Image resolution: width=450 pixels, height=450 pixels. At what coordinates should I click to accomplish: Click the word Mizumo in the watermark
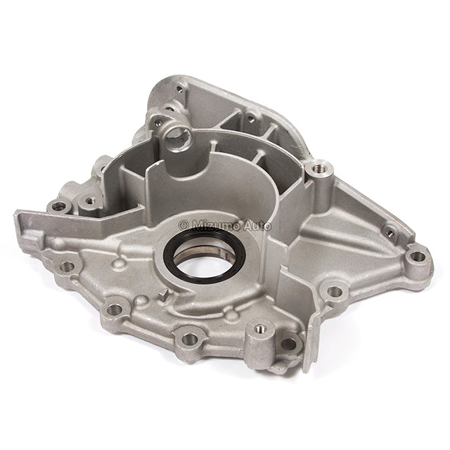click(x=216, y=226)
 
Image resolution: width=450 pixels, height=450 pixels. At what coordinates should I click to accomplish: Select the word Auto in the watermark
click(x=257, y=226)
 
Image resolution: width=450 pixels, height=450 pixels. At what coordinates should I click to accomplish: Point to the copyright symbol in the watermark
click(x=184, y=226)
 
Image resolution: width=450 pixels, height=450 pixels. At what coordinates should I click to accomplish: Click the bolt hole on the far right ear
click(x=417, y=255)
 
